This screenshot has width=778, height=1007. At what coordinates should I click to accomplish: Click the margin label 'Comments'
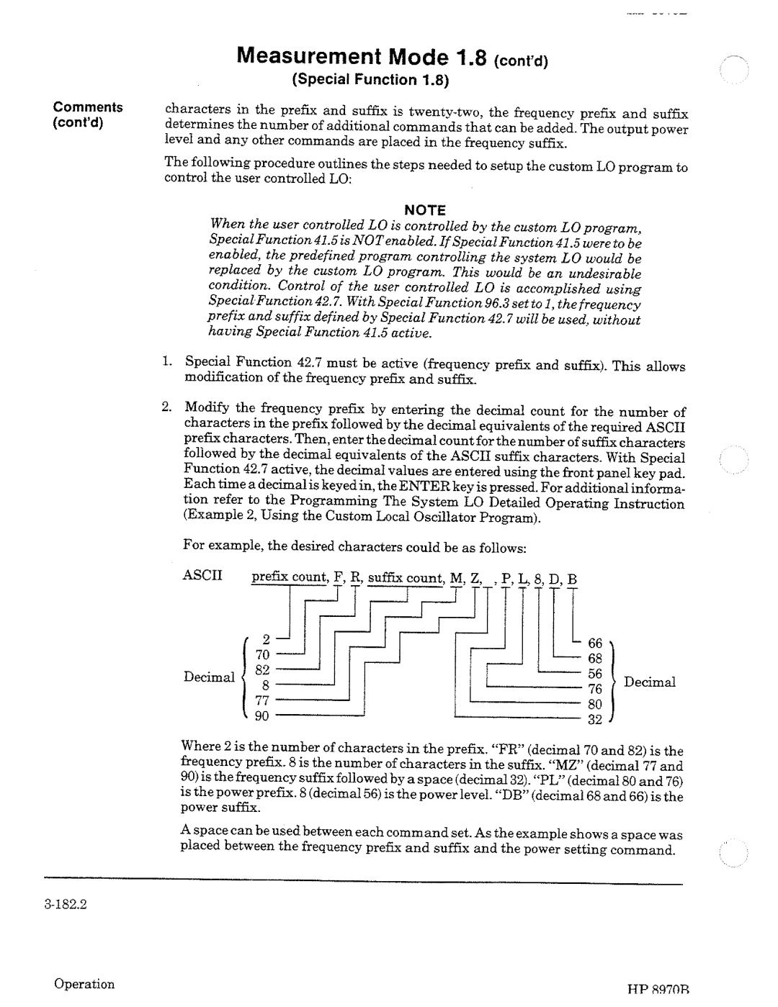(x=87, y=107)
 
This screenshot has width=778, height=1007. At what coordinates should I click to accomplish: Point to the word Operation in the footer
(x=85, y=984)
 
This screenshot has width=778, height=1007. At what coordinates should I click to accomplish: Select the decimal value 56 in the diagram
(x=595, y=673)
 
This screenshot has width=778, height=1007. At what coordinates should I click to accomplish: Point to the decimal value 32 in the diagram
(x=595, y=719)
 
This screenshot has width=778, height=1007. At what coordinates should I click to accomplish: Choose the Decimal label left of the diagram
(x=209, y=677)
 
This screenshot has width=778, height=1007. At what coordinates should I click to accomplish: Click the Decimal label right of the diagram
(x=649, y=682)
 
